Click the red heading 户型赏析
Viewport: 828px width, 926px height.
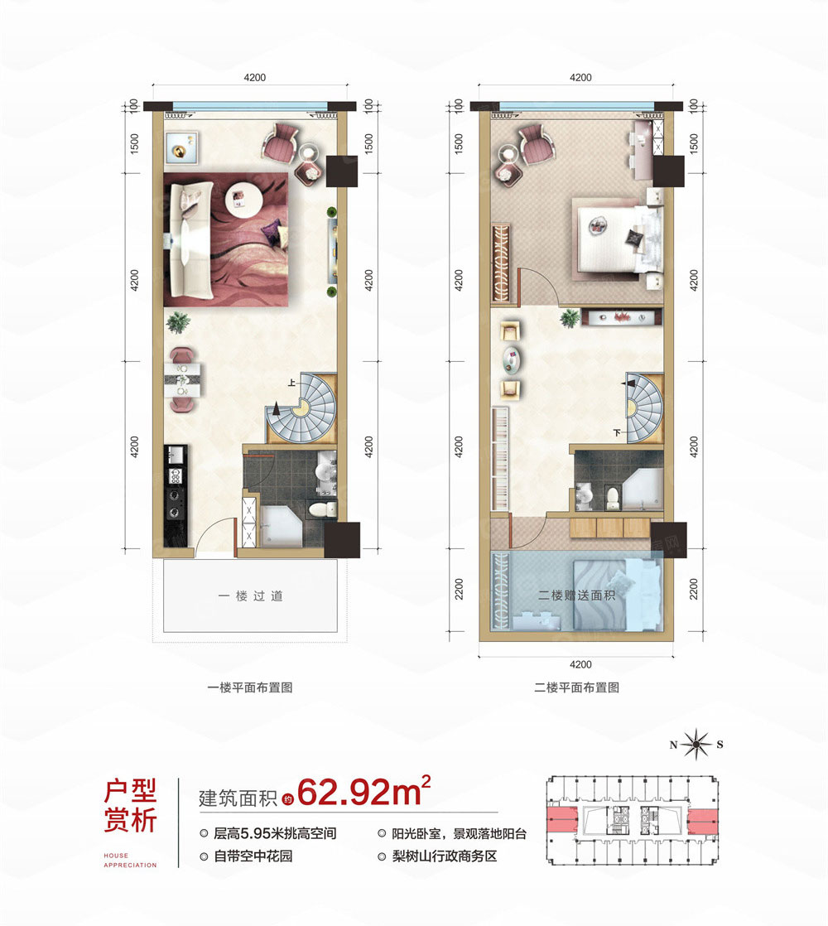coord(130,807)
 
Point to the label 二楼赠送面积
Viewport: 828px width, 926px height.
coord(579,595)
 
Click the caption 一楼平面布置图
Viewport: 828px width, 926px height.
coord(251,687)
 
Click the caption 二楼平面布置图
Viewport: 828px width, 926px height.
coord(577,687)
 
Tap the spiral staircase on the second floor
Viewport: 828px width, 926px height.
coord(642,406)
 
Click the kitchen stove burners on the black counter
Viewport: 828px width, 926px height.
coord(176,487)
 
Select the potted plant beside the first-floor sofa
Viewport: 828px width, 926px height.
coord(177,321)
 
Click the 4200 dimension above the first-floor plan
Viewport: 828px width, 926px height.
coord(254,77)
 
